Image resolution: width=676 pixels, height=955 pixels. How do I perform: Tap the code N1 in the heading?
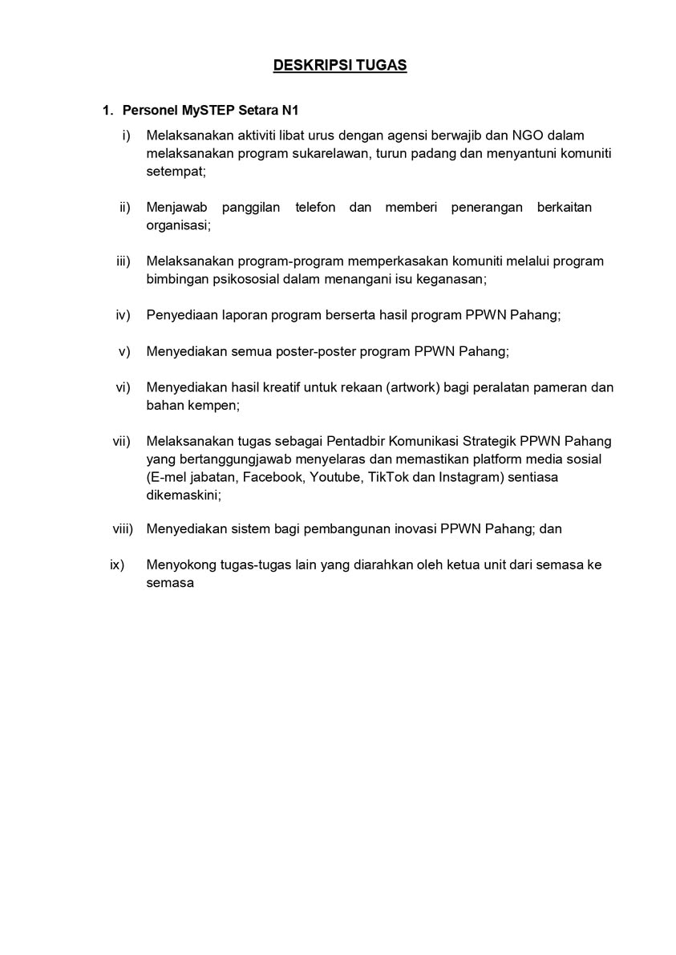point(289,109)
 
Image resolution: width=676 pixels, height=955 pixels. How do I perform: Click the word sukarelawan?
point(330,154)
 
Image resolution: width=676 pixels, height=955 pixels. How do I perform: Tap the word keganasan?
point(450,279)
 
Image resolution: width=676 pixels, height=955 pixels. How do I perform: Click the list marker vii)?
point(120,441)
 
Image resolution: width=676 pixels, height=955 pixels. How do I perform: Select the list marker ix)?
point(117,565)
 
